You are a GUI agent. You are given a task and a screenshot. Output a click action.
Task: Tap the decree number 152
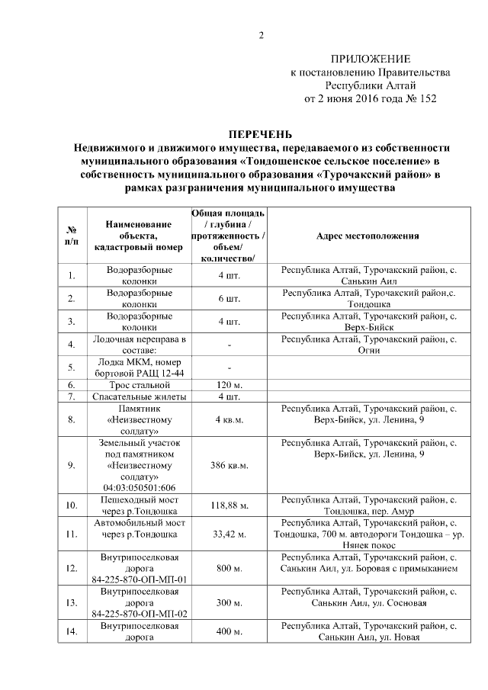(428, 98)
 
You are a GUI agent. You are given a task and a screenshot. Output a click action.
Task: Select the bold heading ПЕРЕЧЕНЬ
(262, 134)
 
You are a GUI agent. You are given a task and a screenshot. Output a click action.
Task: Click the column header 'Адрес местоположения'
(368, 236)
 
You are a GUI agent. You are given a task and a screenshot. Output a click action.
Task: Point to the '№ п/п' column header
(71, 236)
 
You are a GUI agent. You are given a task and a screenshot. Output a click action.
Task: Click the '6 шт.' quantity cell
(229, 299)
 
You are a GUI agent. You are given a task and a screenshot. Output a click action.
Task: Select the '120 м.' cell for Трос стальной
(229, 385)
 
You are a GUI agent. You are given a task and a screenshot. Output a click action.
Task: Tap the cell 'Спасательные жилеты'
(140, 396)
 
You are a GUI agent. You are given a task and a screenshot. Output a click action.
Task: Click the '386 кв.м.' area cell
(229, 464)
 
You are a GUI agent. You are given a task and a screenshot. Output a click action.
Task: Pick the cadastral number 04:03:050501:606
(140, 488)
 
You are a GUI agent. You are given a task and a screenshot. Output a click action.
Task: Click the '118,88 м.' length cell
(229, 505)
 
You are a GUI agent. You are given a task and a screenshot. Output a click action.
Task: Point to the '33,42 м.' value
(229, 534)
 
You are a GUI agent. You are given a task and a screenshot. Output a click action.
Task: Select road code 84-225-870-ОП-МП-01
(140, 579)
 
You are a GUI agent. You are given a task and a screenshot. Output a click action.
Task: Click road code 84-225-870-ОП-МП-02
(140, 614)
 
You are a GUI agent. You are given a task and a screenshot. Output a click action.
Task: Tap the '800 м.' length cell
(229, 568)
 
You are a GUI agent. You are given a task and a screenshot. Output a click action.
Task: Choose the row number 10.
(71, 505)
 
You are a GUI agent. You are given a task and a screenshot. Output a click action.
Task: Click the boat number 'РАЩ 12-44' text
(162, 371)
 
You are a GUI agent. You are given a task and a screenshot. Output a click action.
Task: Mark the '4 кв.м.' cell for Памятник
(229, 420)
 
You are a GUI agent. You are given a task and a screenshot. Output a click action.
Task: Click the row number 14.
(71, 632)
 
